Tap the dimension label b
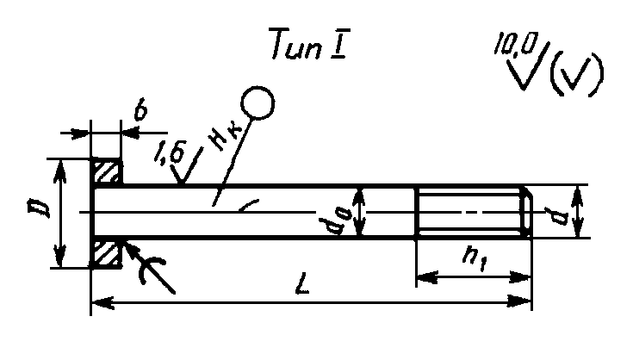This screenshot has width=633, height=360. tap(140, 110)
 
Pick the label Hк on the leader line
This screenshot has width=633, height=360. tap(222, 146)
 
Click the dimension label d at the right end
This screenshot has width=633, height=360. tap(561, 211)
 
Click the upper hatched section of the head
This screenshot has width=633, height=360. tap(107, 172)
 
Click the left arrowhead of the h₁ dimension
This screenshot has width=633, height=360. tap(424, 276)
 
